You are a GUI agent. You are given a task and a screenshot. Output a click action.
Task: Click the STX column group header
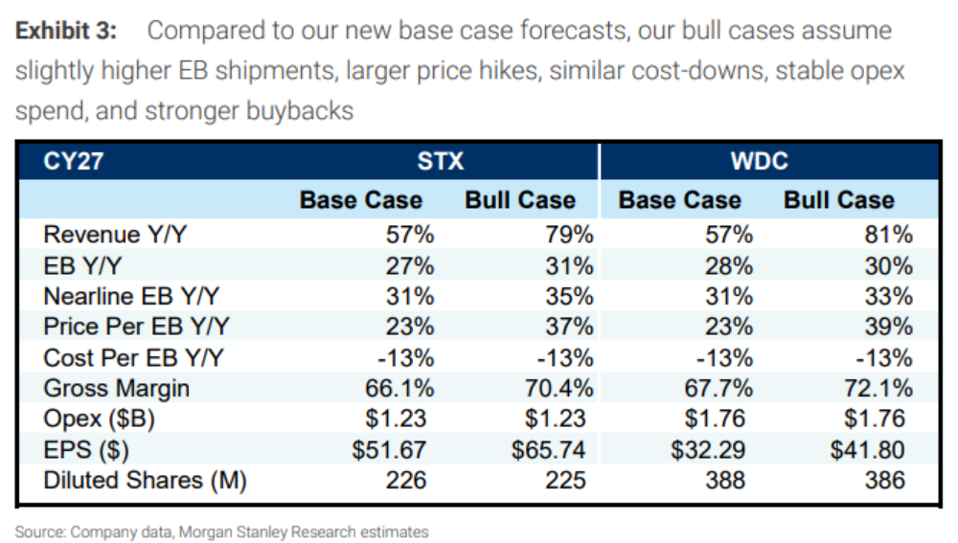point(441,161)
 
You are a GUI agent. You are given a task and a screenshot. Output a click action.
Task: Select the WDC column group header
point(760,161)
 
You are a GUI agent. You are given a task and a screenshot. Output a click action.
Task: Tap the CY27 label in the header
point(74,161)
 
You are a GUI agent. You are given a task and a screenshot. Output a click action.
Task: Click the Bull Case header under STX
point(520,200)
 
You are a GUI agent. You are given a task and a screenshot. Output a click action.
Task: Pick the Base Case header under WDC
point(679,200)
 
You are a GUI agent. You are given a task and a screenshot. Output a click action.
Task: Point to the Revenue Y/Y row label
point(115,235)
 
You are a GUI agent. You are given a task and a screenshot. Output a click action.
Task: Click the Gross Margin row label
point(116,389)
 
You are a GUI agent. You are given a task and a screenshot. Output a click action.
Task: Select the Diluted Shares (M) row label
point(145,481)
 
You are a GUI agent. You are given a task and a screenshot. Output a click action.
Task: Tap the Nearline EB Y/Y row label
point(131,296)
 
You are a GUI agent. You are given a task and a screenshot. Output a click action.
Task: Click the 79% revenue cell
point(569,235)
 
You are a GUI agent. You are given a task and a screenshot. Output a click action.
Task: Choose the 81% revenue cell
point(888,235)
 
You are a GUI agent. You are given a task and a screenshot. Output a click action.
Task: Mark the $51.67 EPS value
point(389,450)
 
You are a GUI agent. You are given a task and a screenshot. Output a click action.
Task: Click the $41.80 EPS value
point(867,450)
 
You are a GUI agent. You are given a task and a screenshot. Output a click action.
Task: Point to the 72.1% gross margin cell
point(878,389)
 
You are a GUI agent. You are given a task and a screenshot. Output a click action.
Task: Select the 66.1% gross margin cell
point(399,389)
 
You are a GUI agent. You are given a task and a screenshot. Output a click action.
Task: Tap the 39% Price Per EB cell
point(888,327)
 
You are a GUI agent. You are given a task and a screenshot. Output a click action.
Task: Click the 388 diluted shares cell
point(725,481)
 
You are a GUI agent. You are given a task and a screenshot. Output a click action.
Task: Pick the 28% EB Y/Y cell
point(729,266)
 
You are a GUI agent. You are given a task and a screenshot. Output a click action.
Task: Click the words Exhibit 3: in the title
point(66,31)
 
